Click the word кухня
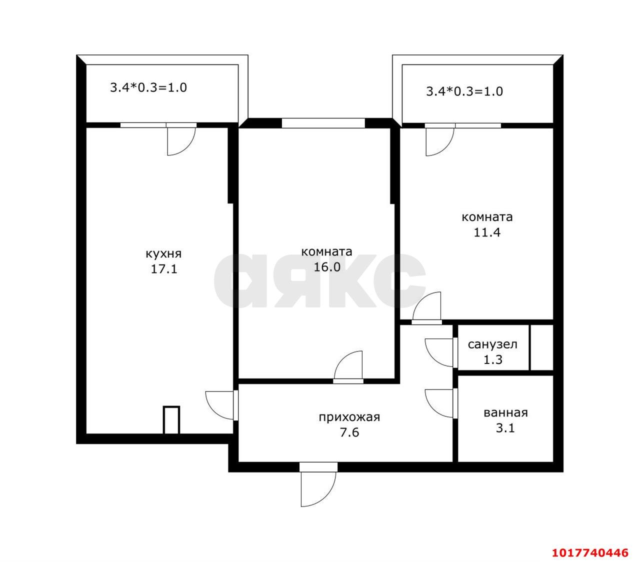point(163,253)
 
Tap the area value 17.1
point(164,269)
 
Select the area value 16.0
point(326,267)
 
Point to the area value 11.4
point(487,232)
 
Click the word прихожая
point(349,417)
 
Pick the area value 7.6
point(349,432)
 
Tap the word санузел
point(492,344)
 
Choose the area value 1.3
point(493,359)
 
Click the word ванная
point(505,413)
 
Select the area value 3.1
point(505,428)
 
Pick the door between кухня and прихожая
point(221,405)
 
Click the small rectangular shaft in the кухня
point(171,420)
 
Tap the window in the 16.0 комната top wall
point(323,123)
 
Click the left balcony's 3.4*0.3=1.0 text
point(148,87)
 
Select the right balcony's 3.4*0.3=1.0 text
point(464,91)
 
